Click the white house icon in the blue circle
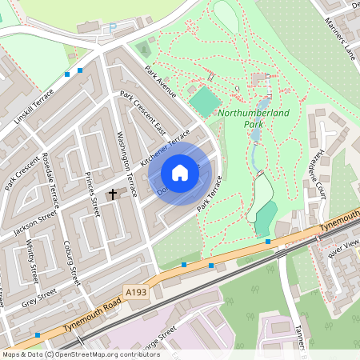coord(180,173)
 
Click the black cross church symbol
coord(113,194)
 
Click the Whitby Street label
coord(33,261)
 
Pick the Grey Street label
coord(40,298)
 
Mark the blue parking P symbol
coord(113,27)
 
